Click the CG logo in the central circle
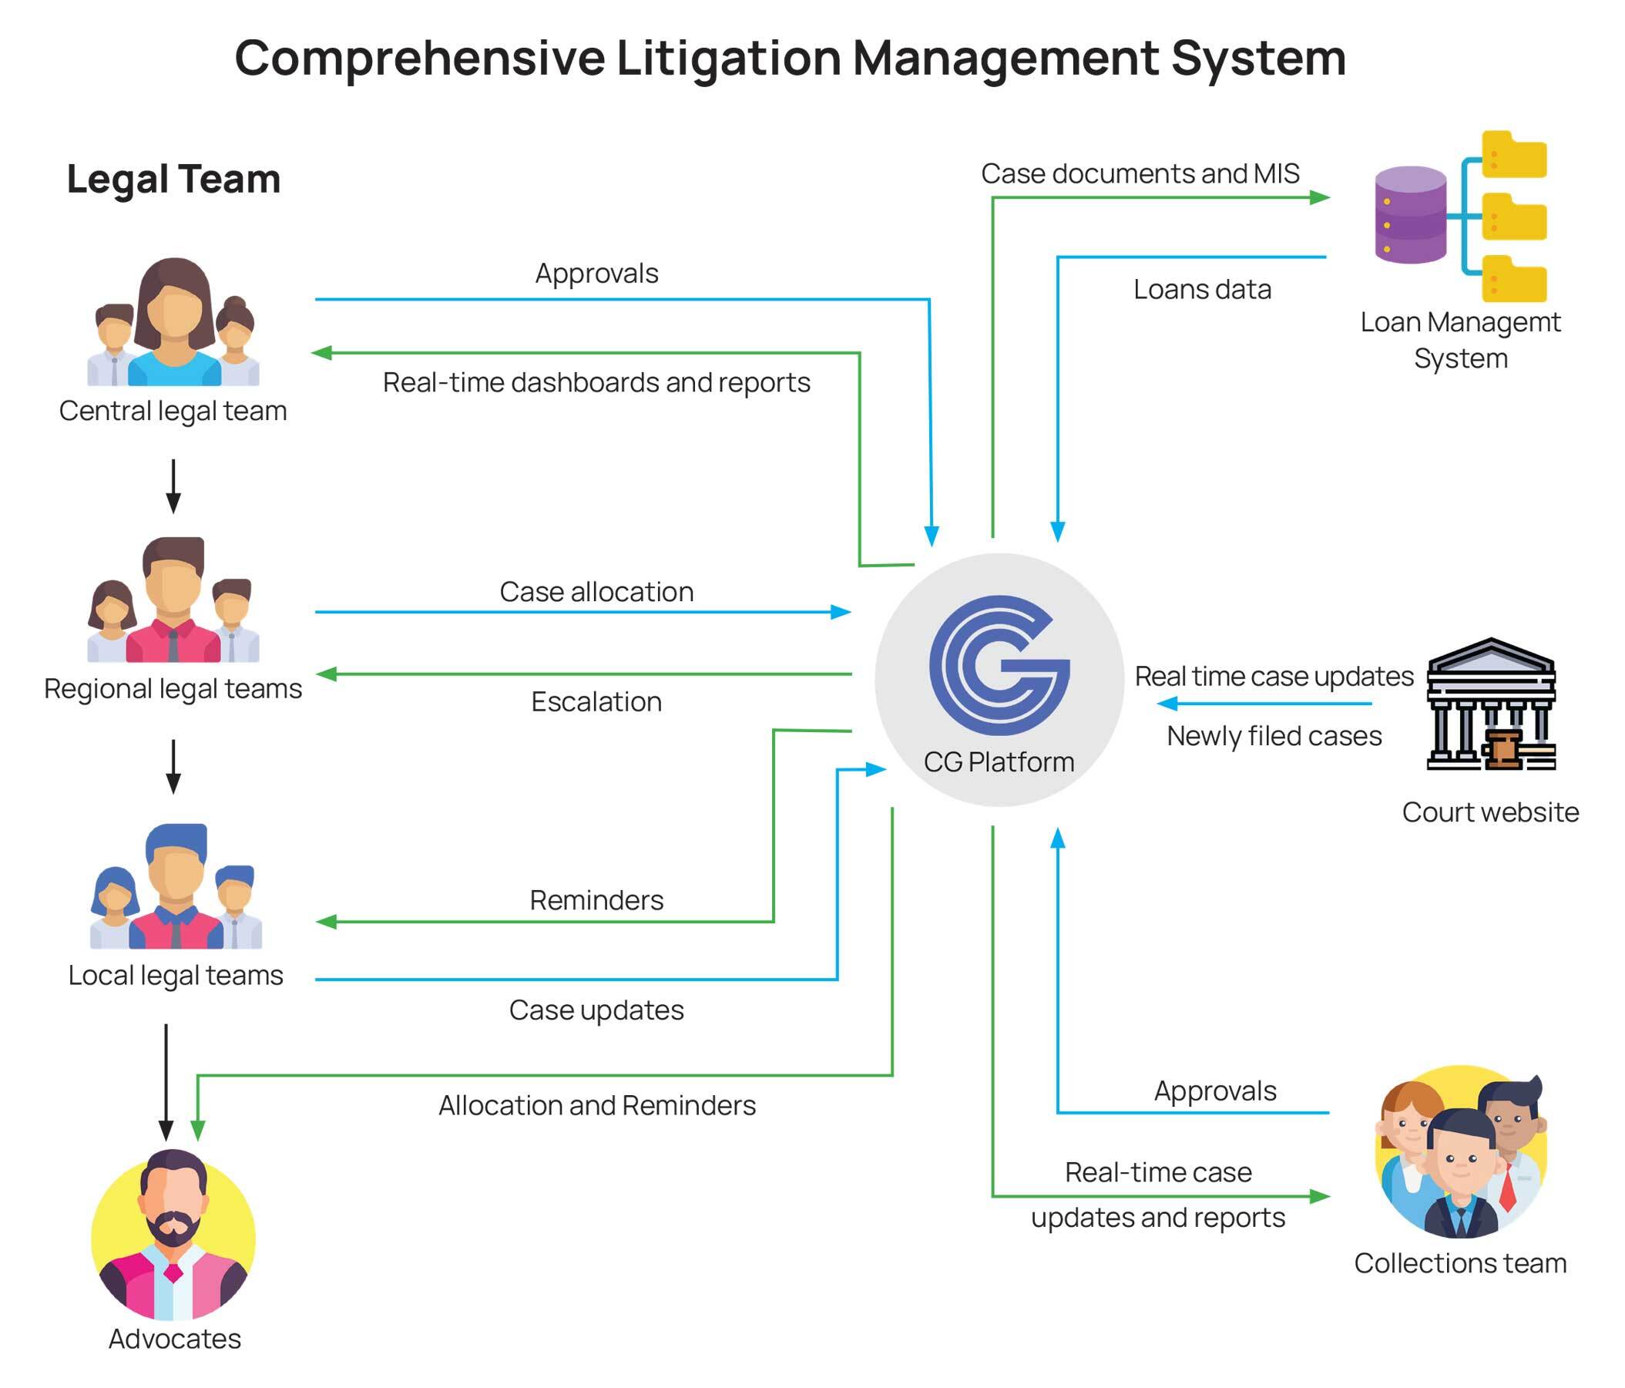pyautogui.click(x=999, y=664)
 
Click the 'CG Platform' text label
pyautogui.click(x=999, y=762)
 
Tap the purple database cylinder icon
pyautogui.click(x=1410, y=214)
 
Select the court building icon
pyautogui.click(x=1490, y=704)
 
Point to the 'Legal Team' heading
pyautogui.click(x=173, y=179)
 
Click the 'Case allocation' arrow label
pyautogui.click(x=596, y=592)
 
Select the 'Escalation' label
pyautogui.click(x=596, y=701)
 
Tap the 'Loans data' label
pyautogui.click(x=1201, y=290)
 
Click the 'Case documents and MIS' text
pyautogui.click(x=1140, y=173)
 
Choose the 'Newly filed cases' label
pyautogui.click(x=1274, y=736)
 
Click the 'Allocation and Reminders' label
pyautogui.click(x=596, y=1104)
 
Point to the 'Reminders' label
pyautogui.click(x=596, y=900)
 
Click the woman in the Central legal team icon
pyautogui.click(x=174, y=321)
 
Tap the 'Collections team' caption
pyautogui.click(x=1459, y=1262)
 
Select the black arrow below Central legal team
pyautogui.click(x=173, y=486)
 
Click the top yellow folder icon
pyautogui.click(x=1513, y=156)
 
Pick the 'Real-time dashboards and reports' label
pyautogui.click(x=596, y=383)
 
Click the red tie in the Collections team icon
pyautogui.click(x=1506, y=1186)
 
